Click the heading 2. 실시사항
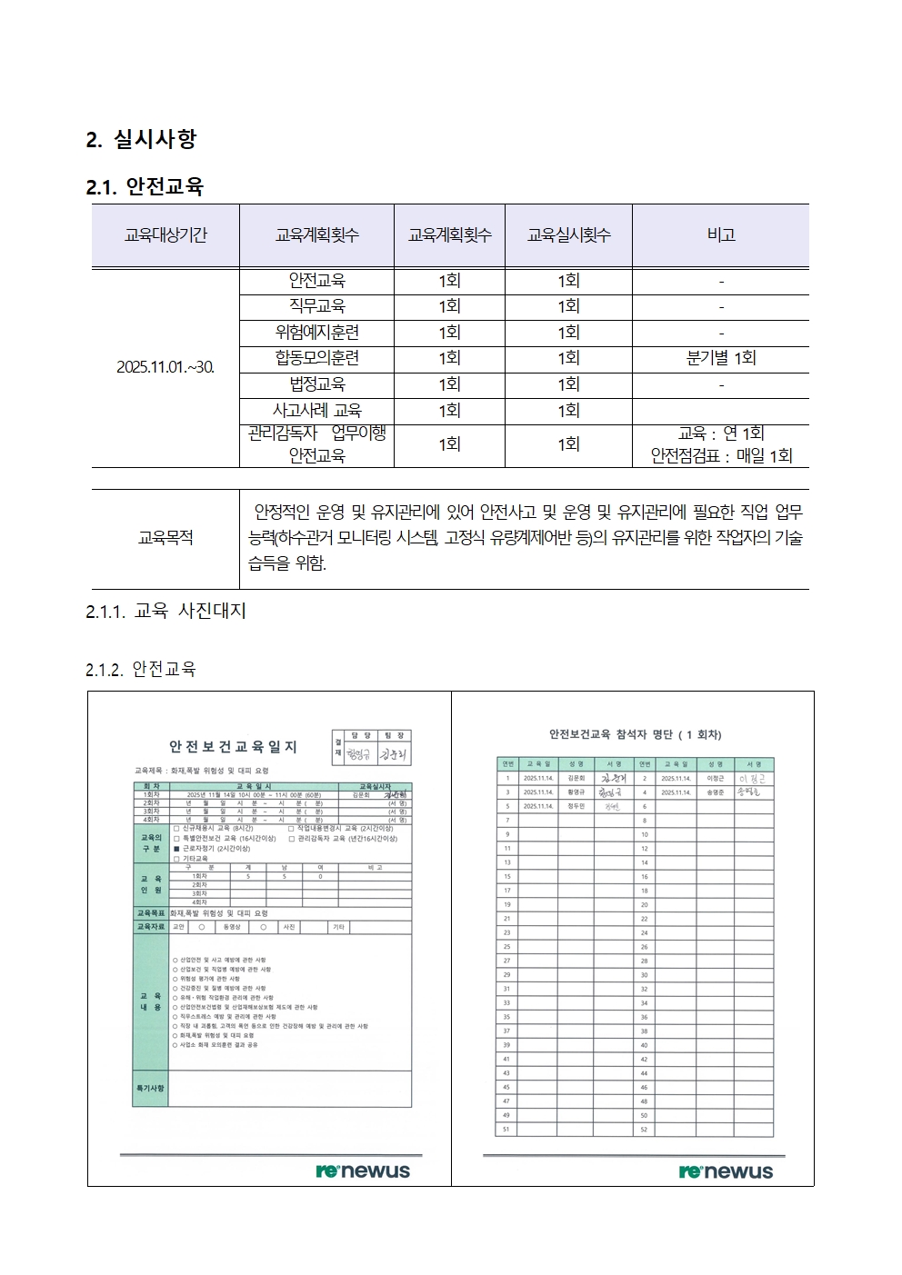click(x=141, y=139)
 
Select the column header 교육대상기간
click(x=165, y=235)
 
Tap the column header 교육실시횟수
click(x=568, y=235)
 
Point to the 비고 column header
click(x=720, y=235)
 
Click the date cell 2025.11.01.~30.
click(x=165, y=367)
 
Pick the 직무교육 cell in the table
click(x=316, y=306)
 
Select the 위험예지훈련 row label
click(x=316, y=333)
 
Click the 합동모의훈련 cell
click(x=316, y=358)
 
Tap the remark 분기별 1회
click(x=720, y=358)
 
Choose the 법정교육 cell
click(x=316, y=384)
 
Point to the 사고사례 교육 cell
click(x=316, y=411)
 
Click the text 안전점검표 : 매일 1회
click(x=721, y=456)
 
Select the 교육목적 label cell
click(x=165, y=538)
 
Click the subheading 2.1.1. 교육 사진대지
click(x=166, y=612)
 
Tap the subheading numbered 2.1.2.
click(x=141, y=670)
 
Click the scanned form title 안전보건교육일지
click(x=233, y=747)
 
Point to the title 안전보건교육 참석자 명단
click(x=635, y=734)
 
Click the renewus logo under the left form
click(x=363, y=1171)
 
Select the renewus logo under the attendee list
click(x=726, y=1171)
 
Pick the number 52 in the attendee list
click(x=644, y=1130)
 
